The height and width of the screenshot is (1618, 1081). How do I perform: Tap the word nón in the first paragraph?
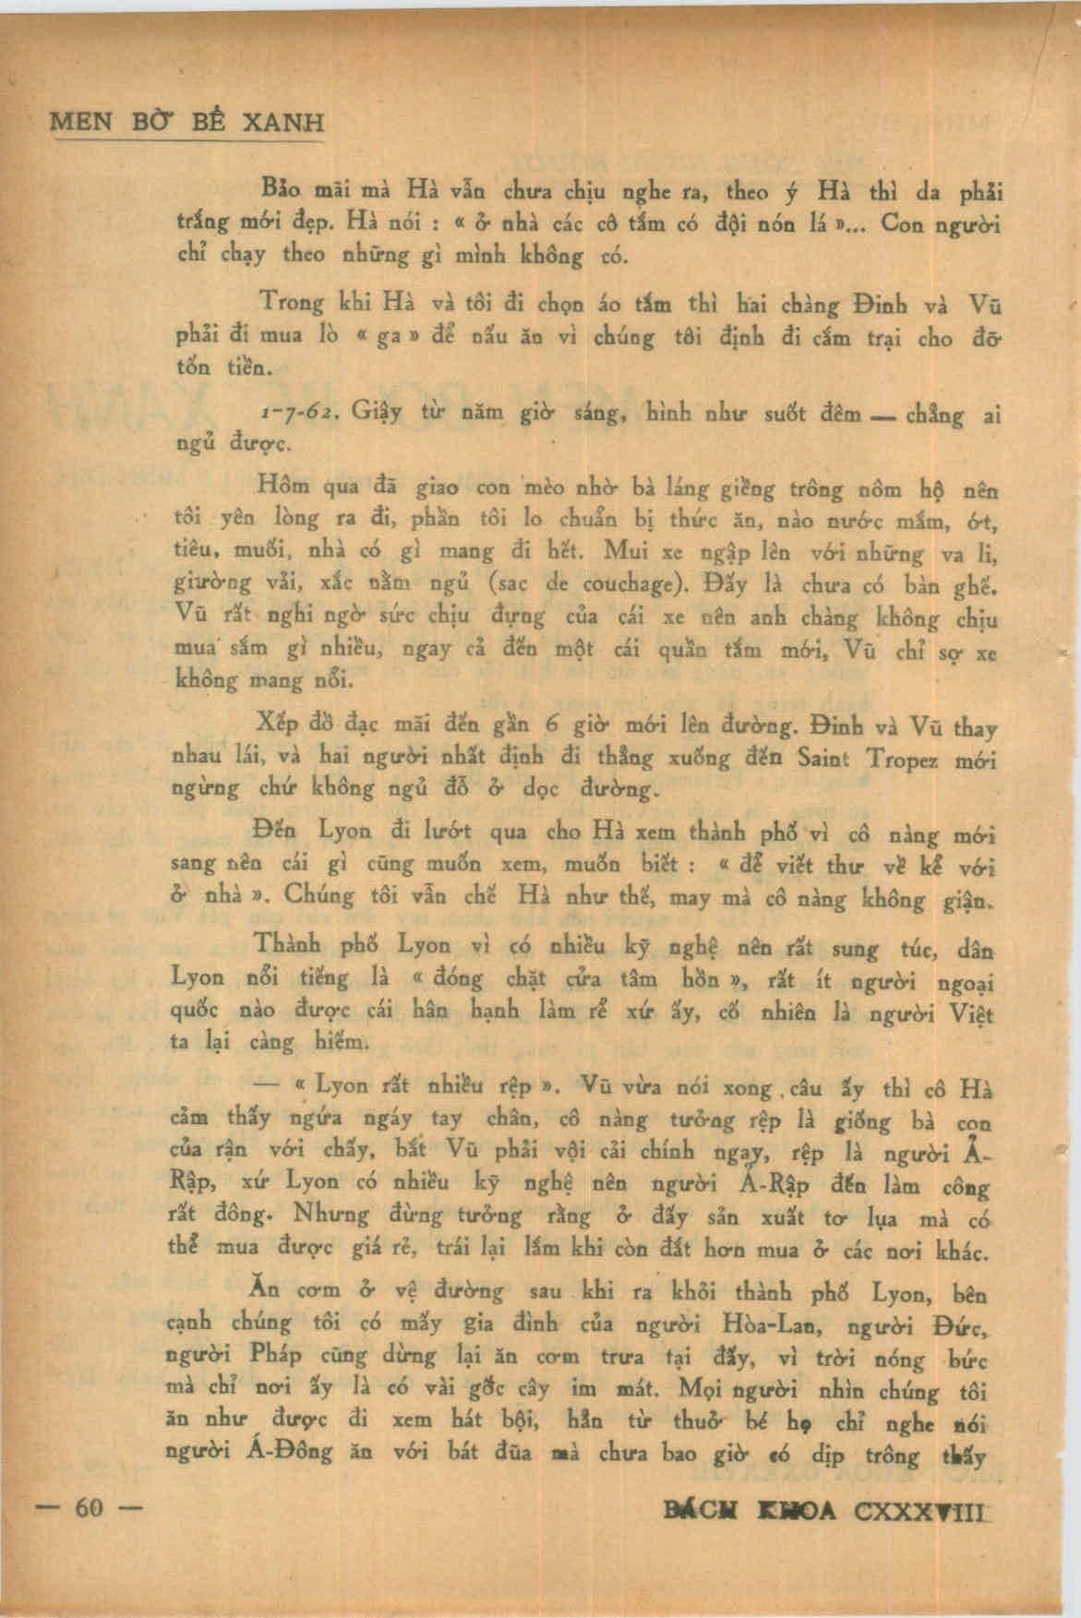tap(748, 222)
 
